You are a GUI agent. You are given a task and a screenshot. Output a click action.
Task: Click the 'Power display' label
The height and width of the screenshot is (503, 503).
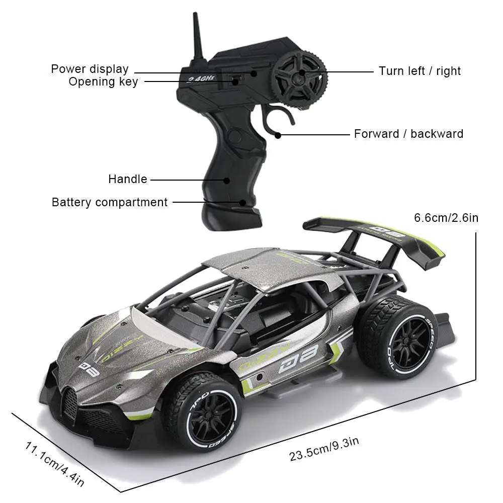click(x=90, y=69)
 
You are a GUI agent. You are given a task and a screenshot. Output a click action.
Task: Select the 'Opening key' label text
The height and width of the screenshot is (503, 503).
click(x=103, y=81)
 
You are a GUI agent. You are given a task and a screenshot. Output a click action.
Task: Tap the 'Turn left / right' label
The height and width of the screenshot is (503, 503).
click(x=420, y=71)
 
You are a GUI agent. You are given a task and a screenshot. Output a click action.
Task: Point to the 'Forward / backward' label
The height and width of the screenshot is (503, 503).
click(x=408, y=134)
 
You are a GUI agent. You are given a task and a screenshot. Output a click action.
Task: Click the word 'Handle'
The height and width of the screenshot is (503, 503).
click(x=128, y=179)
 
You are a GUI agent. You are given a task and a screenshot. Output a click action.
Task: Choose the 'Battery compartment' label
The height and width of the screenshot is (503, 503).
click(x=110, y=202)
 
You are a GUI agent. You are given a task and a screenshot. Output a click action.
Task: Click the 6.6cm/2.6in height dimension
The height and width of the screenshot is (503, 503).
click(x=446, y=218)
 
